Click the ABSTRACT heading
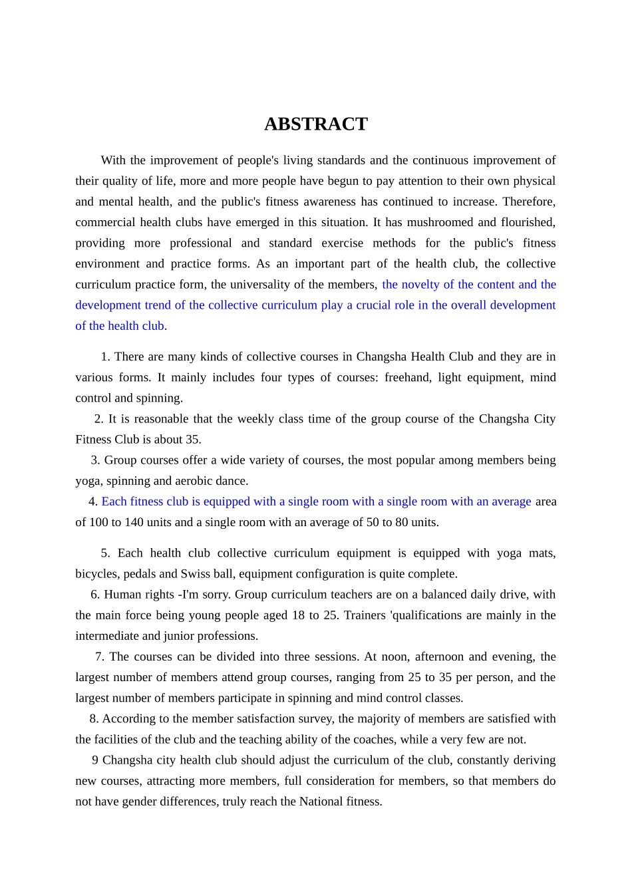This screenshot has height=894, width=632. pyautogui.click(x=315, y=124)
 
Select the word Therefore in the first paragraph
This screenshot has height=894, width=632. pyautogui.click(x=528, y=202)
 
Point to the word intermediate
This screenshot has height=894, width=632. pyautogui.click(x=109, y=636)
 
